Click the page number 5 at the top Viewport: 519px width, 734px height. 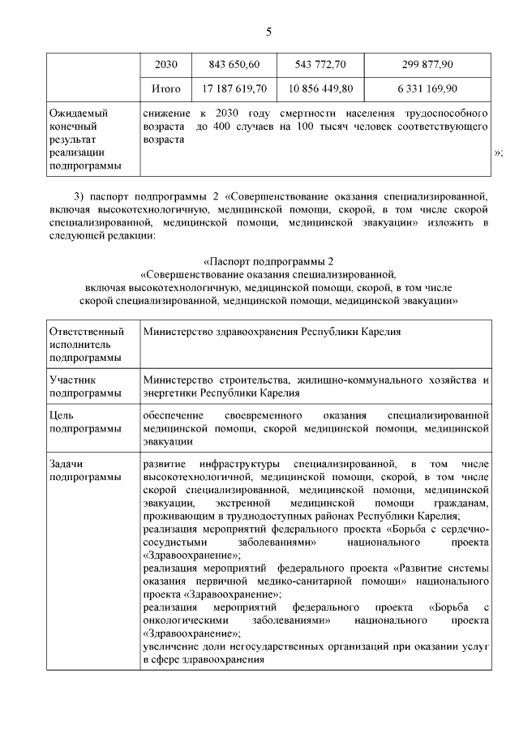[268, 32]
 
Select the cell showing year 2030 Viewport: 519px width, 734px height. [165, 64]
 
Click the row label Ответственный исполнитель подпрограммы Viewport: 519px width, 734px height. [87, 344]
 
